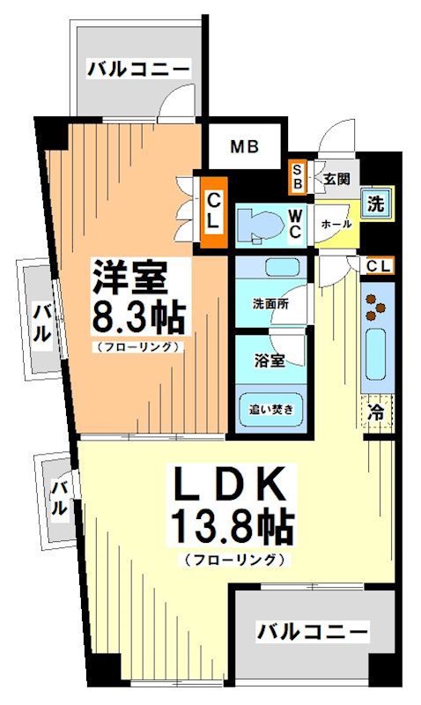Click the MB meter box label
[245, 146]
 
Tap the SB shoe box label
[299, 178]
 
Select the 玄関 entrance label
[336, 178]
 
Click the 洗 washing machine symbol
[376, 203]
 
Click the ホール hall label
[336, 224]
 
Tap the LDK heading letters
[227, 486]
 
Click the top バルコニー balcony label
[138, 68]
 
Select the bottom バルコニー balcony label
[312, 631]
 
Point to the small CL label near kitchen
[380, 264]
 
